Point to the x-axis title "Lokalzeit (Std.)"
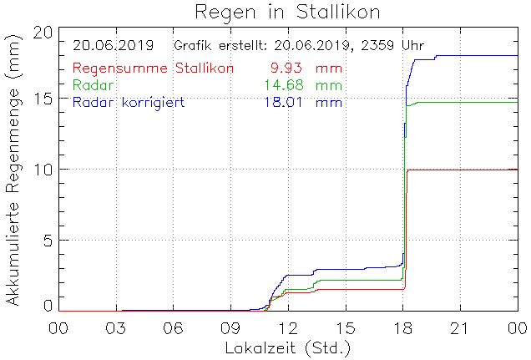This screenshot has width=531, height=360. pyautogui.click(x=287, y=346)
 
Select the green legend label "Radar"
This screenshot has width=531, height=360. pyautogui.click(x=94, y=85)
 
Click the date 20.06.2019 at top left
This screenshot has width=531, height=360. pyautogui.click(x=113, y=45)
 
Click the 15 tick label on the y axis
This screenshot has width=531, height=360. pyautogui.click(x=43, y=99)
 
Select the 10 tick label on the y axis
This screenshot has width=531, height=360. pyautogui.click(x=43, y=169)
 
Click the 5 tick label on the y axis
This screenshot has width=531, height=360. pyautogui.click(x=48, y=240)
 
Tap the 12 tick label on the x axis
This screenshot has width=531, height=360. pyautogui.click(x=287, y=327)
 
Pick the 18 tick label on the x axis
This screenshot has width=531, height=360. pyautogui.click(x=402, y=327)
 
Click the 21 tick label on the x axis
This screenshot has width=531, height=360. pyautogui.click(x=460, y=327)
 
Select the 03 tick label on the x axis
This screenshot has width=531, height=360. pyautogui.click(x=115, y=327)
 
